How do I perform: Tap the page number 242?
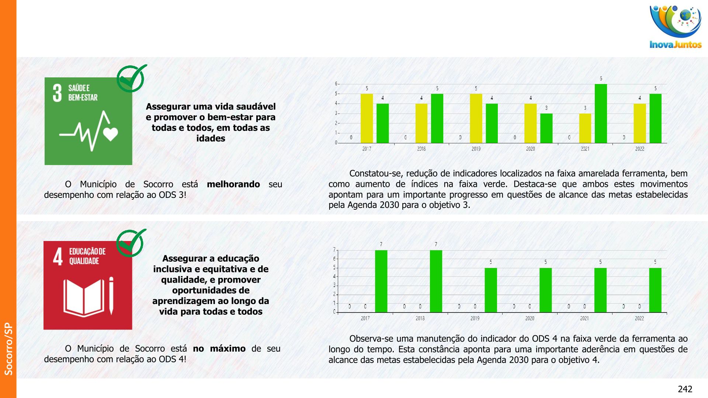pyautogui.click(x=685, y=389)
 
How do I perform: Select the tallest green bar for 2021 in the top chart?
pyautogui.click(x=601, y=114)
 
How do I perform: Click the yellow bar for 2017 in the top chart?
pyautogui.click(x=367, y=118)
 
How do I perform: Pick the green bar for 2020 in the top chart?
pyautogui.click(x=546, y=128)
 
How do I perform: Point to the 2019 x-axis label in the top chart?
pyautogui.click(x=476, y=149)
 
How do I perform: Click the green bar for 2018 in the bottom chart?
pyautogui.click(x=436, y=281)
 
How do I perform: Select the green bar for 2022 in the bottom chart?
pyautogui.click(x=655, y=290)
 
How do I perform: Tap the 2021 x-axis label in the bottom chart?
pyautogui.click(x=584, y=318)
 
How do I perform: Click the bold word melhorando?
pyautogui.click(x=233, y=184)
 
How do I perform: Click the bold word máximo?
pyautogui.click(x=228, y=349)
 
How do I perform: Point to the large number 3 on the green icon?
pyautogui.click(x=57, y=93)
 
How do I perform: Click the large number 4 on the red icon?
pyautogui.click(x=58, y=256)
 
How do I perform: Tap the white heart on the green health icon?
pyautogui.click(x=111, y=134)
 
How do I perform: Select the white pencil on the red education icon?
pyautogui.click(x=111, y=296)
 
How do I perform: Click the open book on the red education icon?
pyautogui.click(x=84, y=298)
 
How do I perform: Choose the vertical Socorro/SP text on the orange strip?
pyautogui.click(x=8, y=349)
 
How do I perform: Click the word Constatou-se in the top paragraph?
pyautogui.click(x=373, y=174)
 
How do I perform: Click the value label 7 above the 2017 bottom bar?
pyautogui.click(x=381, y=244)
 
